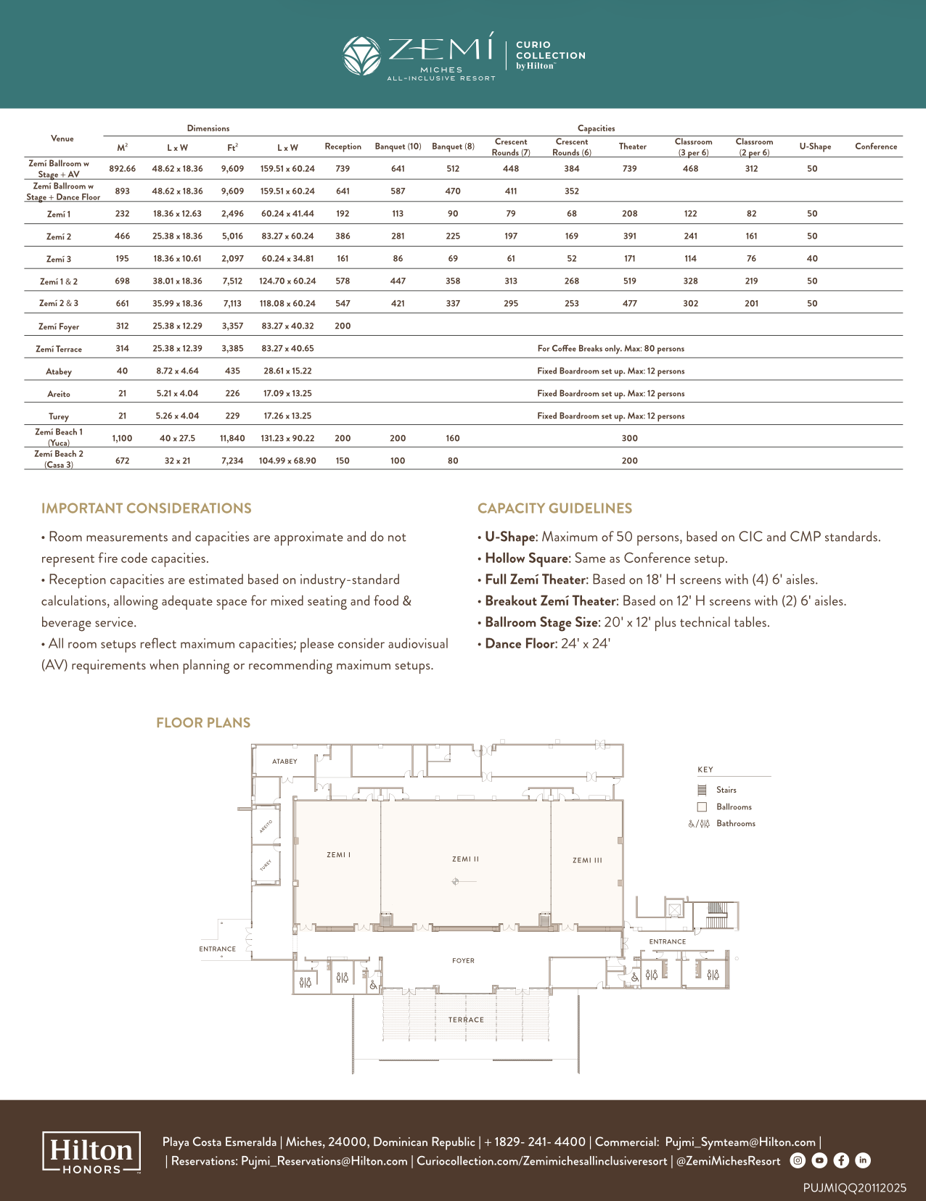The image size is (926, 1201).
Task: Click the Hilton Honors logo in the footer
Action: tap(91, 1152)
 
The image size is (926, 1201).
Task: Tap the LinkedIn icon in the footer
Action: tap(862, 1160)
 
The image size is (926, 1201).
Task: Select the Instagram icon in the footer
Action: tap(798, 1160)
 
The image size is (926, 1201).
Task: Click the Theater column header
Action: tap(632, 146)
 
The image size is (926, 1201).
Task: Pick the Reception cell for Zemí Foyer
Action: tap(343, 326)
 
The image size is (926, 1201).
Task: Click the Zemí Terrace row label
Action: tap(59, 350)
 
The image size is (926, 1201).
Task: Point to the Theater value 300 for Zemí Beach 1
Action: tap(630, 438)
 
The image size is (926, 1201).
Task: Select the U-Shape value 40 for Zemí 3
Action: tap(811, 259)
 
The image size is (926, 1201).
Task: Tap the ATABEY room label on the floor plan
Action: tap(284, 761)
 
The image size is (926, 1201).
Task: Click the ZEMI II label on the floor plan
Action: tap(465, 859)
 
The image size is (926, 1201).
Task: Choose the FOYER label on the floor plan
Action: tap(463, 960)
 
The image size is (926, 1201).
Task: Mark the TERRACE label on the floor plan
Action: tap(466, 1020)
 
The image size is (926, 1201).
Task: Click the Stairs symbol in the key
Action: tap(702, 790)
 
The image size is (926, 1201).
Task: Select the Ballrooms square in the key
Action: tap(702, 807)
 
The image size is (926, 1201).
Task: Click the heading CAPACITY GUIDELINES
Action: tap(554, 508)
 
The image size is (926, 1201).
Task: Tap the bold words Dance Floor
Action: tap(520, 644)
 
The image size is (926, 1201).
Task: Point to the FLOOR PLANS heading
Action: tap(203, 723)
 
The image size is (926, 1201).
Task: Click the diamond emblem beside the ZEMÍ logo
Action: tap(361, 56)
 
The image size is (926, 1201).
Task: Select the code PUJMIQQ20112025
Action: tap(855, 1188)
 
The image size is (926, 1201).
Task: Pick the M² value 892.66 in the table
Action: tap(122, 168)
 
